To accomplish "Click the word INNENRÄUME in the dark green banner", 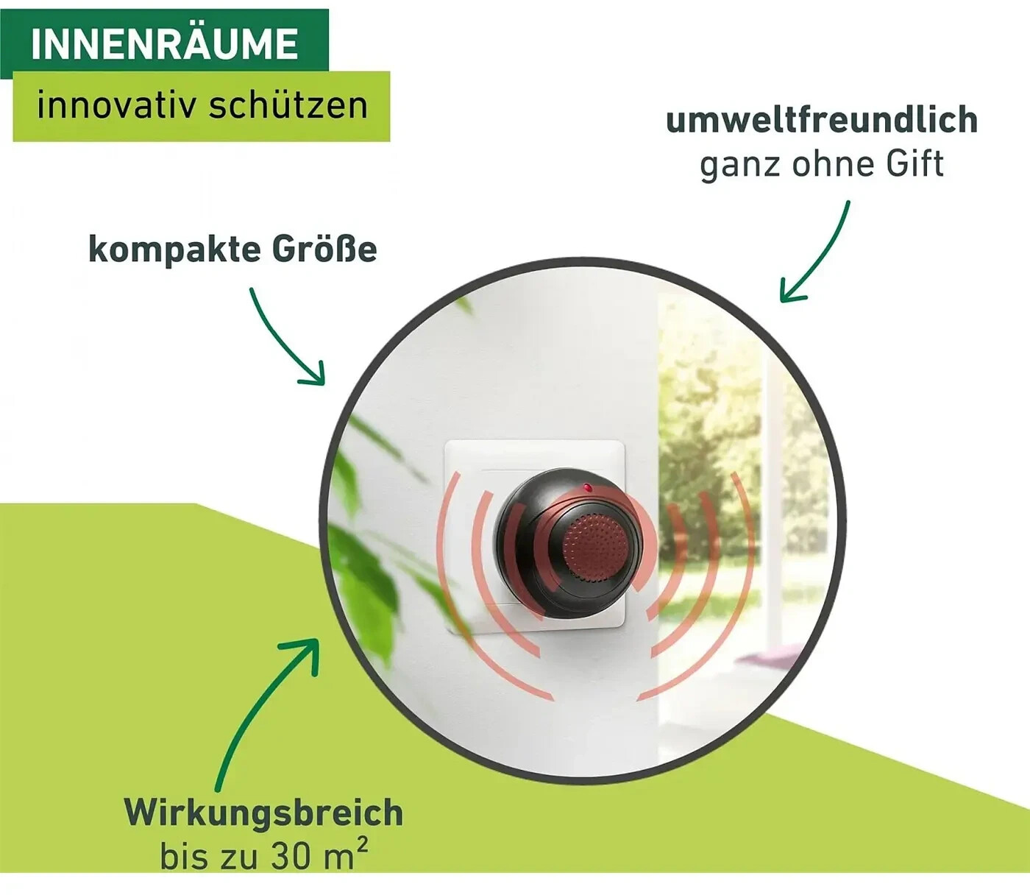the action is click(164, 43).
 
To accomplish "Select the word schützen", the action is click(288, 105).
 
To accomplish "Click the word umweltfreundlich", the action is click(822, 120).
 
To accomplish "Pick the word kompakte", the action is click(174, 250).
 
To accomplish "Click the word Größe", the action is click(324, 250).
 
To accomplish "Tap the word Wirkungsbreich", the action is click(263, 813).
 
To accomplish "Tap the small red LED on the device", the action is click(586, 487).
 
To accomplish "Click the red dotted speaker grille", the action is click(594, 545).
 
